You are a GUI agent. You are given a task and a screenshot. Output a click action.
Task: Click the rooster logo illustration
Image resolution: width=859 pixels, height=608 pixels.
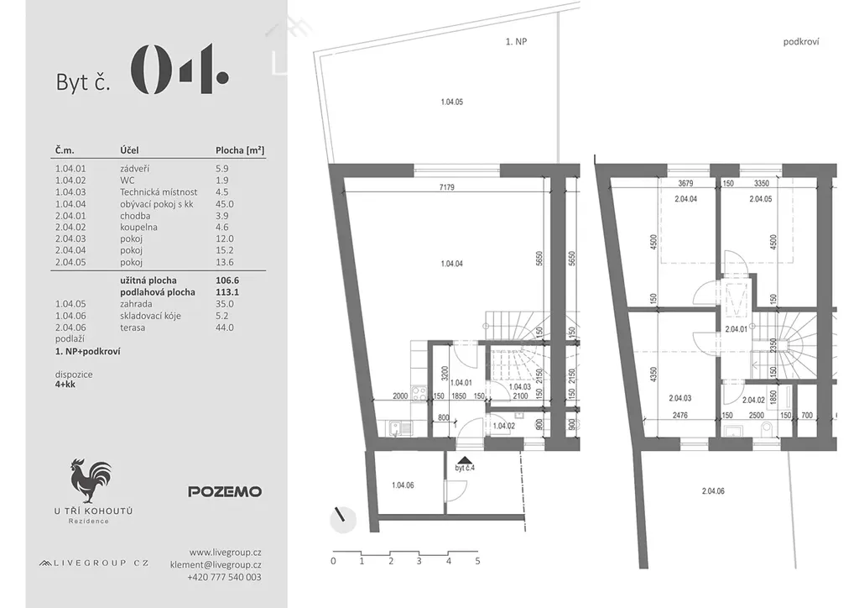coord(91,481)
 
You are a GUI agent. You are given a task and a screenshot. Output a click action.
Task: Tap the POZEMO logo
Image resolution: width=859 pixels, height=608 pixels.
coord(225,492)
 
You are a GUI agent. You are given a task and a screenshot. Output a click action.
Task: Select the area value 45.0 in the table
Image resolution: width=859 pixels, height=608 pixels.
coord(224,204)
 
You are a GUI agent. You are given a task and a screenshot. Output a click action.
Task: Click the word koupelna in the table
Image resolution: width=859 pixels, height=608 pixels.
coord(138,227)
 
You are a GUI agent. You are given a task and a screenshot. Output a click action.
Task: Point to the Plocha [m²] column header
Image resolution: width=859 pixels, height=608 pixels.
coord(240,149)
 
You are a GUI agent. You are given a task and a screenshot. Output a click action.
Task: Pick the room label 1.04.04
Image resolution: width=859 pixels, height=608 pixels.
coord(451,264)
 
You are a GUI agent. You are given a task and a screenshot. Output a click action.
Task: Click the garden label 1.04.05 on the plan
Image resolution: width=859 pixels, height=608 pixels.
coord(451,102)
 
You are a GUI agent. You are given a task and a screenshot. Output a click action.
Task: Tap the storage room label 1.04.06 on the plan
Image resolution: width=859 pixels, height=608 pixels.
coord(403,485)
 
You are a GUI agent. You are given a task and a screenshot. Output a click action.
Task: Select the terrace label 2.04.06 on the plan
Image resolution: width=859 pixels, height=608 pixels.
coord(713,491)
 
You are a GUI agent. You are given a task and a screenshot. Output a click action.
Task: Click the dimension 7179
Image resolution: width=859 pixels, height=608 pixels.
coord(446,187)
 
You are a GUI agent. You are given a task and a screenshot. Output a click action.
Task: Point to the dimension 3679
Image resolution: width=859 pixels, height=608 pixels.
coord(685,184)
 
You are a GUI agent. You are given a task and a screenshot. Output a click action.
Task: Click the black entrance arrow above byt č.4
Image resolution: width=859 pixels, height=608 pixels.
coord(464,460)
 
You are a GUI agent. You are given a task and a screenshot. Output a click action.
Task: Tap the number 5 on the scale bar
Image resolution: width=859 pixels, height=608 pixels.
coord(477,562)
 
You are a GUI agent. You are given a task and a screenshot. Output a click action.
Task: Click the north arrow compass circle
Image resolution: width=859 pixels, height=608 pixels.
coord(343,519)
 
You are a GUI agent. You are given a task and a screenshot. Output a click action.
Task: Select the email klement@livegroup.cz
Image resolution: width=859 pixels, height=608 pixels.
coord(216,564)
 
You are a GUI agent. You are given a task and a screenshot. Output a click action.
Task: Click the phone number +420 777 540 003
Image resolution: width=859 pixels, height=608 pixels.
coord(224,577)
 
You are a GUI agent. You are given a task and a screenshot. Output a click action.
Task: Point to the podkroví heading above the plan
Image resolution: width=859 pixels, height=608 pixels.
coord(801,42)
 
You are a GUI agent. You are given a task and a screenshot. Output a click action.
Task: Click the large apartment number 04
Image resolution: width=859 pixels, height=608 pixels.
coord(180,69)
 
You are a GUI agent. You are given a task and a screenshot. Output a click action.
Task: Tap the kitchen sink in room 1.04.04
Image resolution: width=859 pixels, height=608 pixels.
coord(400,427)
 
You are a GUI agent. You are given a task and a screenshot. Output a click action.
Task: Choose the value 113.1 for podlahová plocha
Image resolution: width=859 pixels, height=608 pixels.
coord(226,292)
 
